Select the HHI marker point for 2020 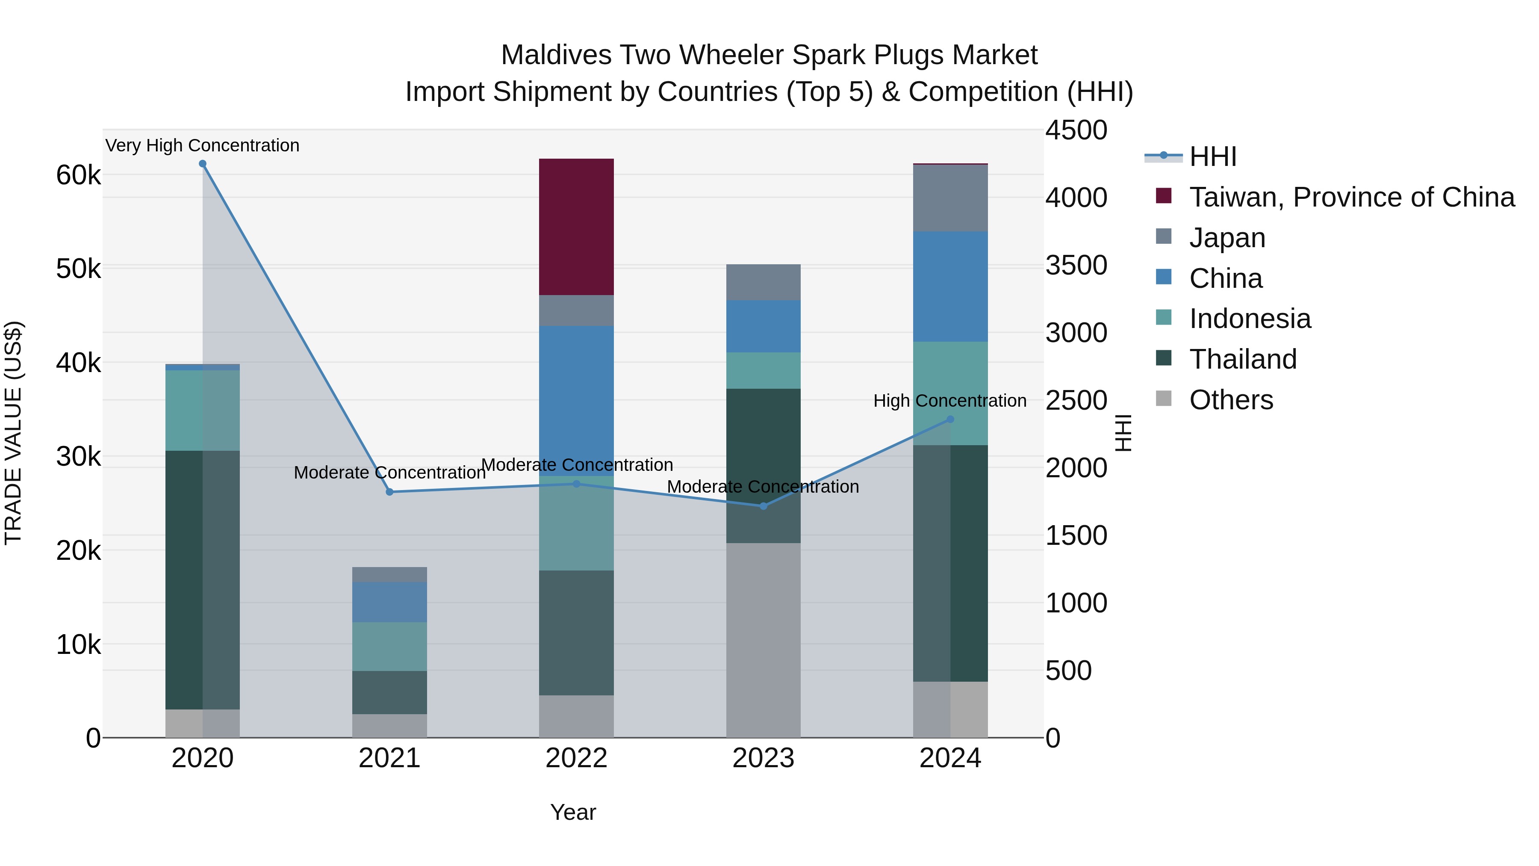pyautogui.click(x=203, y=164)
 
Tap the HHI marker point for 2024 pyautogui.click(x=950, y=420)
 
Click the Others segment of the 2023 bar pyautogui.click(x=763, y=639)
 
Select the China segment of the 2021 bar pyautogui.click(x=389, y=602)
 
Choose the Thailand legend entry pyautogui.click(x=1243, y=359)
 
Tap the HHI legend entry pyautogui.click(x=1212, y=157)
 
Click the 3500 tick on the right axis pyautogui.click(x=1076, y=265)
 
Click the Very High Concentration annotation pyautogui.click(x=203, y=145)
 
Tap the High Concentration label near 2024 pyautogui.click(x=950, y=400)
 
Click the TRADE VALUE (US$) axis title pyautogui.click(x=13, y=433)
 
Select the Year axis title pyautogui.click(x=573, y=812)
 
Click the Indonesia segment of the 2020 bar pyautogui.click(x=203, y=410)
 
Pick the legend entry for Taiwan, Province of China pyautogui.click(x=1351, y=197)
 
